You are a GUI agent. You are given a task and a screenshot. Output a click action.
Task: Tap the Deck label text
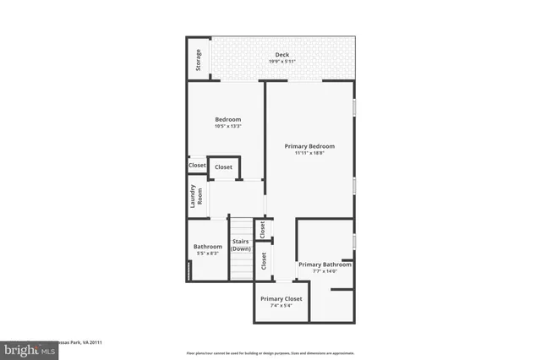(x=281, y=55)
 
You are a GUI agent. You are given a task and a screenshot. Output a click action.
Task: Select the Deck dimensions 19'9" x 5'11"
(x=281, y=62)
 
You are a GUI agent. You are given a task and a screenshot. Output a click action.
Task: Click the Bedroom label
(x=227, y=120)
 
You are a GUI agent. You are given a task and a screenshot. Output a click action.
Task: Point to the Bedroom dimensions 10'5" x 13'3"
(x=227, y=127)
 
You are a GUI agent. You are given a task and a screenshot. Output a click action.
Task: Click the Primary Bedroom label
(x=309, y=145)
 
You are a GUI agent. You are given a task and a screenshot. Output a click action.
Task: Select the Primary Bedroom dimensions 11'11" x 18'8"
(x=309, y=153)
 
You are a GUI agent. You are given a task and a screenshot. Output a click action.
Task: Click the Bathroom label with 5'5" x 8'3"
(x=207, y=247)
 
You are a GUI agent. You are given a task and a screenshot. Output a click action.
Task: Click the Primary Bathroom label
(x=325, y=264)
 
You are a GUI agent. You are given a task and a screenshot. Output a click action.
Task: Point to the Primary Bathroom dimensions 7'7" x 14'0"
(x=325, y=271)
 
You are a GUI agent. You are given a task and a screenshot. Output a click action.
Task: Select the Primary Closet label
(x=281, y=298)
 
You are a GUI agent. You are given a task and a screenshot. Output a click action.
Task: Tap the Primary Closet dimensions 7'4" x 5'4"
(x=281, y=306)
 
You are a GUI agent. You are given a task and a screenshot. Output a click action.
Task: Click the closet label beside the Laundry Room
(x=197, y=166)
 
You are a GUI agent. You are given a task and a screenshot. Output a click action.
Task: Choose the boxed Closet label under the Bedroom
(x=223, y=167)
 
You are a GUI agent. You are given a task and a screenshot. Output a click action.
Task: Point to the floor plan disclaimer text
(x=270, y=352)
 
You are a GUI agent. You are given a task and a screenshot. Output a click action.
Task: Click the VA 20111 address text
(x=80, y=342)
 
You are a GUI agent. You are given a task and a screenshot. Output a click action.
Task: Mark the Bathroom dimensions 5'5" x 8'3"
(x=207, y=254)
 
